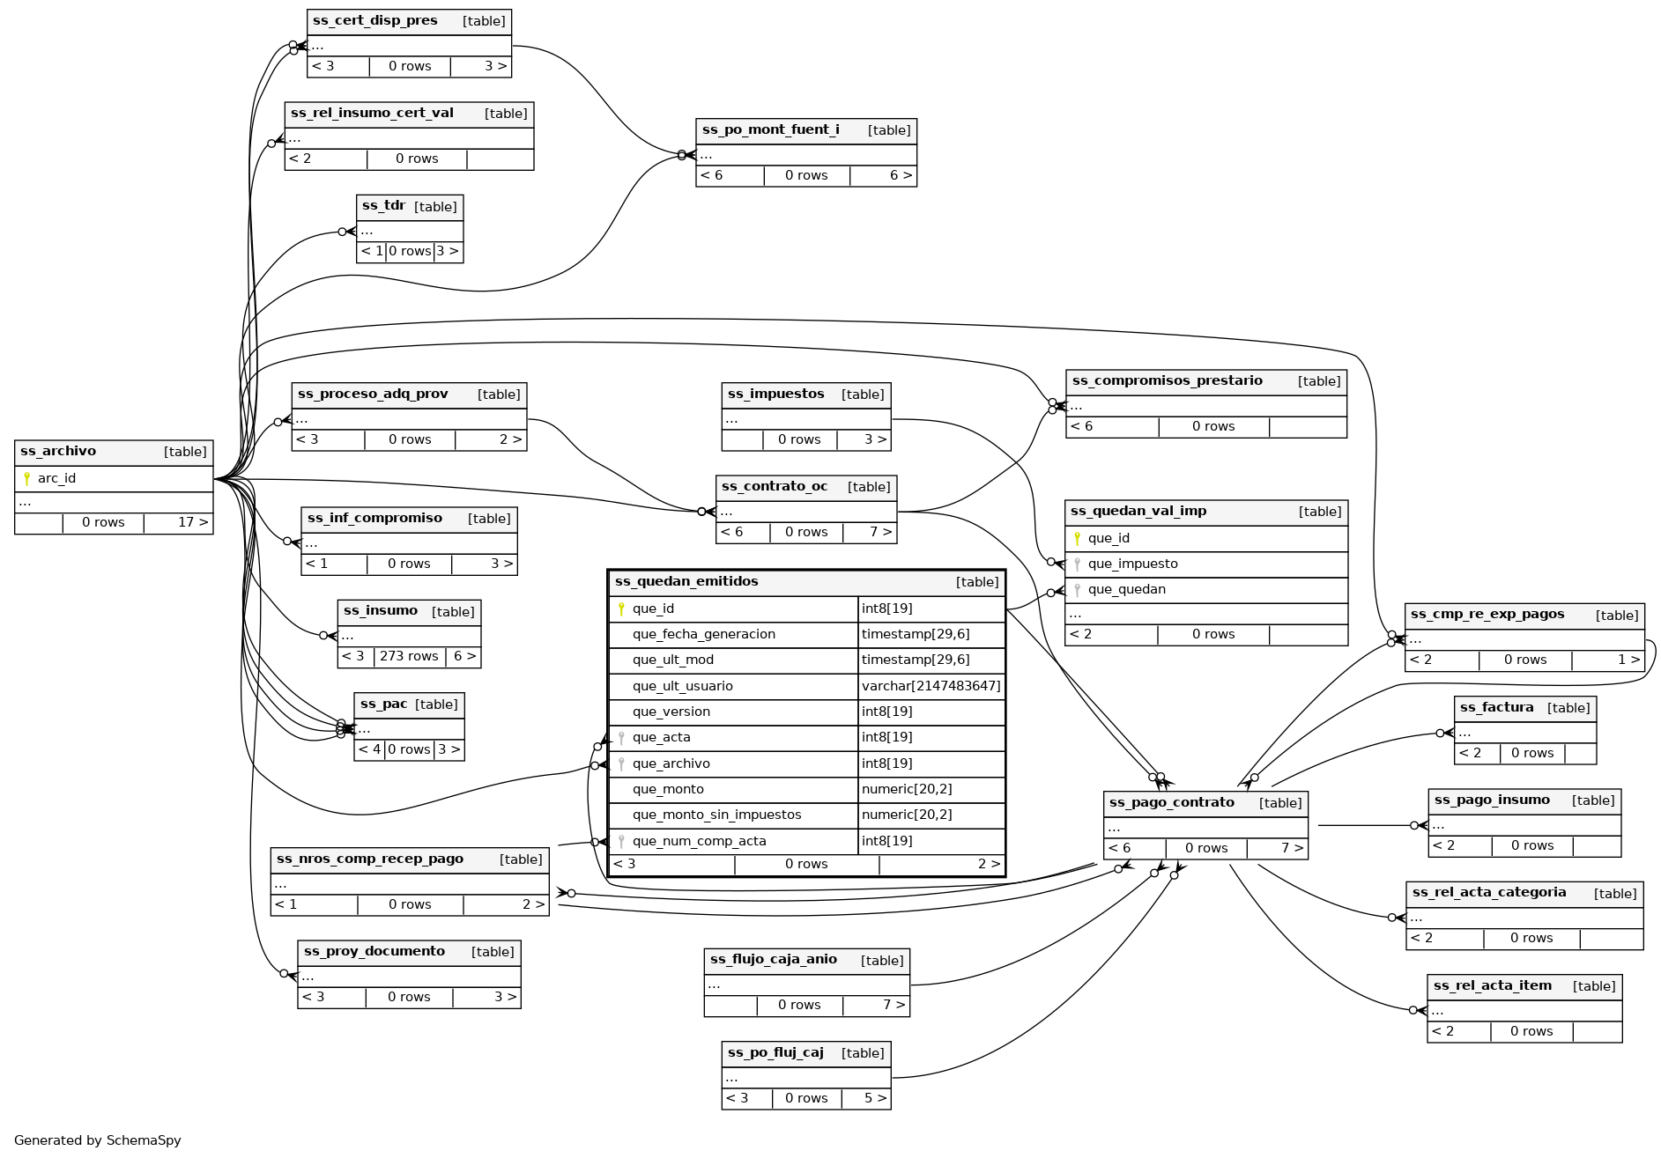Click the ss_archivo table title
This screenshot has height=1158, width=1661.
coord(58,452)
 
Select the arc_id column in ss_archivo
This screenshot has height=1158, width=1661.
coord(56,479)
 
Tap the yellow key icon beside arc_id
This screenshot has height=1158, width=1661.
coord(26,479)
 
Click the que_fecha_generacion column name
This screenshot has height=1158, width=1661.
coord(703,634)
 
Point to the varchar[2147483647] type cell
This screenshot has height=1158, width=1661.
coord(931,686)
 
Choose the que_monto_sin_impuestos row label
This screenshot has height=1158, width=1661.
coord(716,815)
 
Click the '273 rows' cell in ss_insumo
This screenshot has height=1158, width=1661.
coord(409,657)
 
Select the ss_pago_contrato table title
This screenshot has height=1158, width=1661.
coord(1171,803)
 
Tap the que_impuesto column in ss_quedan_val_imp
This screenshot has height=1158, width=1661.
coord(1132,564)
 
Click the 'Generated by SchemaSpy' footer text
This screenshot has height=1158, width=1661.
coord(98,1140)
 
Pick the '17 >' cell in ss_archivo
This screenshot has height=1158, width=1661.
coord(193,523)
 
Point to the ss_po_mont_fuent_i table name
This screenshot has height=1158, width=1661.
coord(770,130)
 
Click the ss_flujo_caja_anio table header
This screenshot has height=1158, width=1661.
coord(773,960)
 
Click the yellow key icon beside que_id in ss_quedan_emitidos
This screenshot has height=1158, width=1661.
coord(621,609)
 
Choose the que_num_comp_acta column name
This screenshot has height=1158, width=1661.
coord(699,842)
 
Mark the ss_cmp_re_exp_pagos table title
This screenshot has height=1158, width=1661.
coord(1487,615)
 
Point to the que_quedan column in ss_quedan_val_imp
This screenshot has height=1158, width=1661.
coord(1126,590)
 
